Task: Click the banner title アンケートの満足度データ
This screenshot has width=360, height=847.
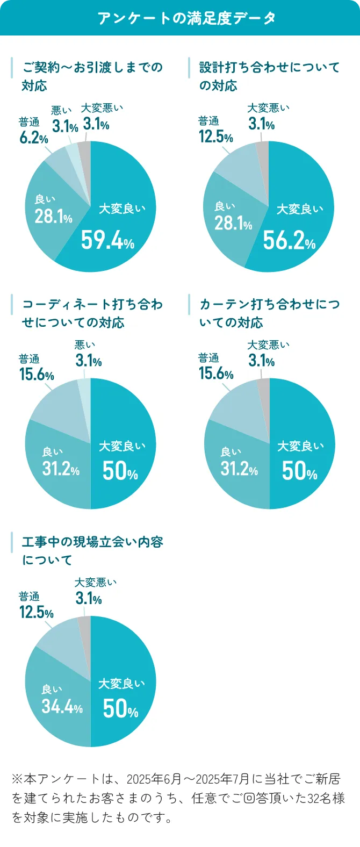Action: tap(186, 18)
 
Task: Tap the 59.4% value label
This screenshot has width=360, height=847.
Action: tap(107, 240)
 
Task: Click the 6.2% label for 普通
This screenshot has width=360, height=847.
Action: tap(34, 138)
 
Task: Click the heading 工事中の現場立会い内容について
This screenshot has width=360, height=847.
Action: tap(92, 551)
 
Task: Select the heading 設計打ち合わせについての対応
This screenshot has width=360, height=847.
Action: tap(269, 76)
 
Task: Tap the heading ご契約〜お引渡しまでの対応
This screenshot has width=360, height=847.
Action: tap(92, 76)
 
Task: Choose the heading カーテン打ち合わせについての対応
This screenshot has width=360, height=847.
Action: tap(269, 313)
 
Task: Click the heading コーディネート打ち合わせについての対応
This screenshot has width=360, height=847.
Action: tap(92, 313)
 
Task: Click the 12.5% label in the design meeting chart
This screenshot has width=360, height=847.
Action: tap(215, 136)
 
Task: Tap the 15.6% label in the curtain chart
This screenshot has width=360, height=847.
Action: tap(215, 373)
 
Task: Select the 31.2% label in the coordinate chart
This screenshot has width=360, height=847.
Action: tap(61, 469)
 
